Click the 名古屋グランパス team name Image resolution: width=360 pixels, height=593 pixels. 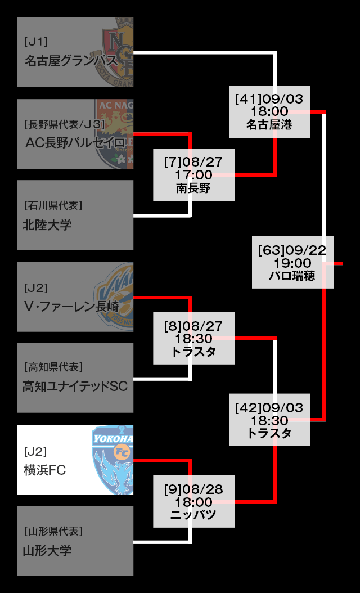[71, 61]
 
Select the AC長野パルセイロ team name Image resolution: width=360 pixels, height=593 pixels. [74, 142]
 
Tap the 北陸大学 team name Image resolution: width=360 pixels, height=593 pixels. [47, 225]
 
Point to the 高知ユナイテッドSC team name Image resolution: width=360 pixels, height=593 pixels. [75, 387]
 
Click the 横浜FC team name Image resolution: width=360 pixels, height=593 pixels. [45, 470]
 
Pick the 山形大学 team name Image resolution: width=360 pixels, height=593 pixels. [47, 551]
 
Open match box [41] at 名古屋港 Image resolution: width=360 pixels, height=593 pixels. [269, 111]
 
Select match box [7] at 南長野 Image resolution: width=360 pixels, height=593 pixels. [194, 175]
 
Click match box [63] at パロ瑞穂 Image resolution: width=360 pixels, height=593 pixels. [292, 263]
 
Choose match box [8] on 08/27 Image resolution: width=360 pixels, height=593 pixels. [194, 339]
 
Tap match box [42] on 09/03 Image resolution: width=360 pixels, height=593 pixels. [269, 420]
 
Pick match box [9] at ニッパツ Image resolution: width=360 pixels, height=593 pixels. [194, 501]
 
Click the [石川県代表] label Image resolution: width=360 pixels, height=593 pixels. [53, 205]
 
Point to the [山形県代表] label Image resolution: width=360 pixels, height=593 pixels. [53, 531]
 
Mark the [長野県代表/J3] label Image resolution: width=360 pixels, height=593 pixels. [64, 123]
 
